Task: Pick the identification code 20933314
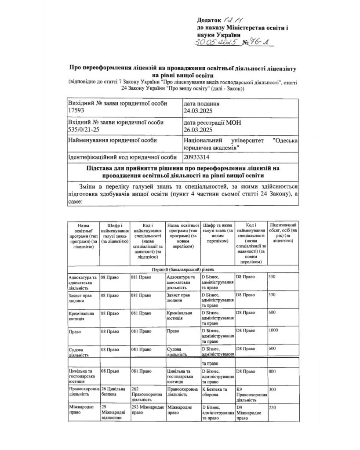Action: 198,156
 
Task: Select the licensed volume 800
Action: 272,371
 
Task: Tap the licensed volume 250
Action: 272,408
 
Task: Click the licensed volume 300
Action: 272,389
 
